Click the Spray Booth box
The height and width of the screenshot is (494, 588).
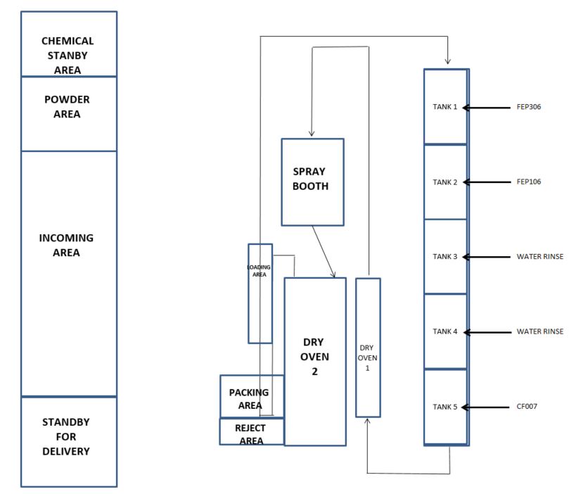[312, 182]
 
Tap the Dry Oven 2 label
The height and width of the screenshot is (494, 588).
[314, 356]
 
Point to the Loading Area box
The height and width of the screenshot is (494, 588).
[260, 293]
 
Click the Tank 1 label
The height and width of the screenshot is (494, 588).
[445, 107]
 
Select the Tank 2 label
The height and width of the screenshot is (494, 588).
[445, 182]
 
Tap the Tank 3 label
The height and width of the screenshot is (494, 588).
[445, 257]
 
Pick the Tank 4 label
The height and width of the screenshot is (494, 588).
[445, 331]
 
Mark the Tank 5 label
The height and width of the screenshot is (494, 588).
[445, 407]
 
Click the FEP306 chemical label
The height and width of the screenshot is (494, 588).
[528, 108]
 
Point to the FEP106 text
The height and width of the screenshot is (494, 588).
[528, 182]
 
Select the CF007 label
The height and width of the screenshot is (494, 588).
[526, 407]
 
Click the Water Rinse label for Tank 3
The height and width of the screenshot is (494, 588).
[539, 257]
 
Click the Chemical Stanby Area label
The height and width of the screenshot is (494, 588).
[68, 56]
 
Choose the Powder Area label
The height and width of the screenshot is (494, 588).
[68, 106]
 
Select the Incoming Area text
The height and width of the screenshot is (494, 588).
[67, 245]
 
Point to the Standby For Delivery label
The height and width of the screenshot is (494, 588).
[66, 436]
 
